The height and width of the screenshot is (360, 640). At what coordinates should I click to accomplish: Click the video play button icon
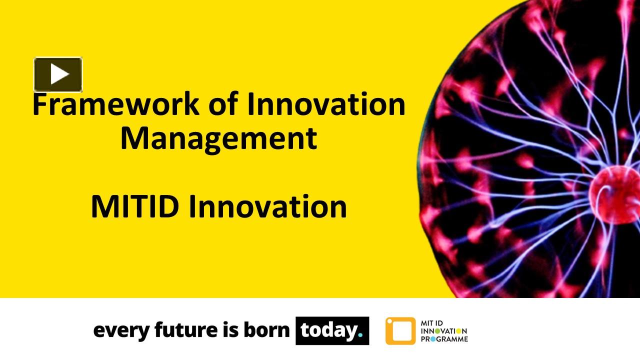58,74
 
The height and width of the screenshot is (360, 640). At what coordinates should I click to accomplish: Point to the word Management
218,139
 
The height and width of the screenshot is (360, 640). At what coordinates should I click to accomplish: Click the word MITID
134,207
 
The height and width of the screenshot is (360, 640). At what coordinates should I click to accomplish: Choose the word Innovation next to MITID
267,207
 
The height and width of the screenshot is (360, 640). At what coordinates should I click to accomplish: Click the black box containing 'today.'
332,330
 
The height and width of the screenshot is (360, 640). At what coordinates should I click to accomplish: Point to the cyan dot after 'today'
360,336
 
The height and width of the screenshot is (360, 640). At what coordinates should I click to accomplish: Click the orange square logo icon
400,331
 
